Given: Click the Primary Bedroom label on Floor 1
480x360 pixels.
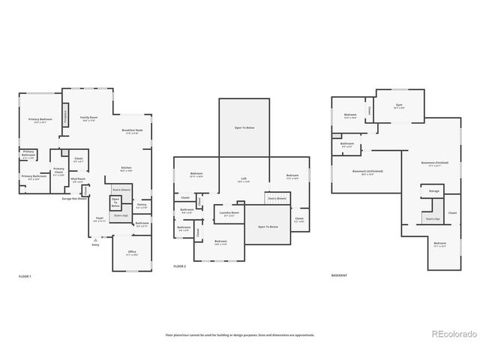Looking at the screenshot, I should [x=40, y=120].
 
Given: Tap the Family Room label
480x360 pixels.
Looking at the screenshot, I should [x=89, y=118].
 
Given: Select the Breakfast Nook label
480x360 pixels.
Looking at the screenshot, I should [x=133, y=130].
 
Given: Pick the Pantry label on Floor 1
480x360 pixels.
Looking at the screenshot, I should [x=142, y=205].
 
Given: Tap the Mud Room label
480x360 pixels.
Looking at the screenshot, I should [x=77, y=179].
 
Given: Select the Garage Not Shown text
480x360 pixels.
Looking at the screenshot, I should [x=74, y=198].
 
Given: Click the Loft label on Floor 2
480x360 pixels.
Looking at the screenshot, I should [x=243, y=179].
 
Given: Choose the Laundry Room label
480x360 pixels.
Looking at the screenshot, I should [x=229, y=213].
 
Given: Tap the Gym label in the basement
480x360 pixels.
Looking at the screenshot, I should [x=399, y=106].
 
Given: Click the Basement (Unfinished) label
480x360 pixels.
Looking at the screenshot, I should [x=367, y=171].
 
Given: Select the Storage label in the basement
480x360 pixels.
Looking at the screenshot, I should [x=434, y=191].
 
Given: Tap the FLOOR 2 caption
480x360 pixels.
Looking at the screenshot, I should [x=180, y=266].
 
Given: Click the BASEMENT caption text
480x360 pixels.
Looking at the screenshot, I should [x=339, y=275].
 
